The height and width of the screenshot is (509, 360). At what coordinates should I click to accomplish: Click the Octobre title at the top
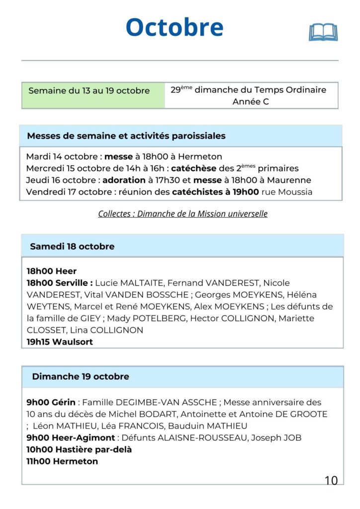[x=175, y=27]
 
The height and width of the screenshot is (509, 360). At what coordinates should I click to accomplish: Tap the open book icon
[x=323, y=32]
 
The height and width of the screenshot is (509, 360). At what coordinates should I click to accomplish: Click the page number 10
[x=331, y=480]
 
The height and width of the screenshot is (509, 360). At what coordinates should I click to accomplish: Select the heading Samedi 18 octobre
[x=72, y=247]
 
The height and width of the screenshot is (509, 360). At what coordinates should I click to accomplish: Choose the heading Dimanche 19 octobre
[x=81, y=377]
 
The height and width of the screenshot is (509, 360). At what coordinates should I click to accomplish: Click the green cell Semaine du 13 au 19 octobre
[x=89, y=91]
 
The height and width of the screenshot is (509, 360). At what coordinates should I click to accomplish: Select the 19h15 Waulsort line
[x=60, y=342]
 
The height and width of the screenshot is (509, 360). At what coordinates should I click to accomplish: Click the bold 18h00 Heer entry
[x=52, y=271]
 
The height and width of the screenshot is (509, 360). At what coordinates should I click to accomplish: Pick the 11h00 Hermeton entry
[x=62, y=461]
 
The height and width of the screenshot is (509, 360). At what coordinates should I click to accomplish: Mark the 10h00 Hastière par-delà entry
[x=79, y=449]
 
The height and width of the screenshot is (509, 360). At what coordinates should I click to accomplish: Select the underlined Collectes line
[x=182, y=214]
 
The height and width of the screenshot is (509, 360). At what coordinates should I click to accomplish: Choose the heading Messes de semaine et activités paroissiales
[x=126, y=136]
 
